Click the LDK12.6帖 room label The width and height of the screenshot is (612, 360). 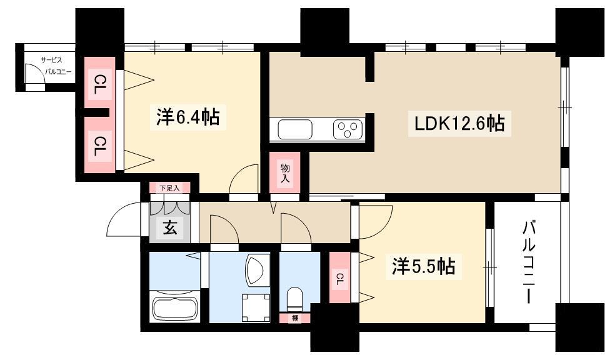459,124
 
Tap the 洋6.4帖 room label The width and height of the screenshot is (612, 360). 188,117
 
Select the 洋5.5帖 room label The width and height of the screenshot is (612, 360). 423,266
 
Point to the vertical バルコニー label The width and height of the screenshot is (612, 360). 529,262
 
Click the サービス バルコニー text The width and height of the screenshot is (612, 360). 53,66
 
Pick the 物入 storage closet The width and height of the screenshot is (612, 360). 285,172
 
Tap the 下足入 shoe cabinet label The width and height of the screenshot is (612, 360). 170,188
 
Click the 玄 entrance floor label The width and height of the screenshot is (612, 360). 170,227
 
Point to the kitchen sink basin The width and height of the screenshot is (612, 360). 295,129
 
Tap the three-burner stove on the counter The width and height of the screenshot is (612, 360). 348,129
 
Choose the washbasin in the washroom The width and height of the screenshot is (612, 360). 256,270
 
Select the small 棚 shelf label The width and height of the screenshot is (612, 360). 295,318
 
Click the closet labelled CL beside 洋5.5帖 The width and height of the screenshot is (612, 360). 339,277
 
